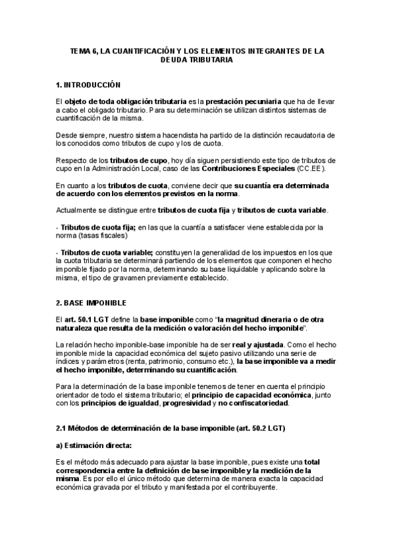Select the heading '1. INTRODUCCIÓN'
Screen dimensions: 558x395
[88, 84]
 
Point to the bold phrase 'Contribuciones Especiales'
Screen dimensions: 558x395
[263, 169]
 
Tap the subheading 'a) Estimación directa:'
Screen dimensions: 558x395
[94, 445]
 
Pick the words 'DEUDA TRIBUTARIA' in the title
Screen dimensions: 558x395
[197, 59]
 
